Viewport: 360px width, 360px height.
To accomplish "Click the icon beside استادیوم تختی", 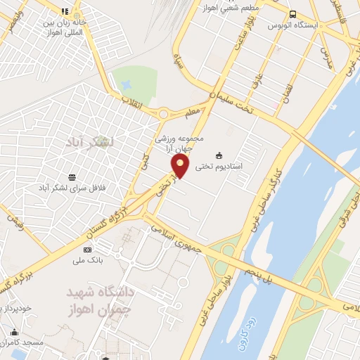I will [219, 155].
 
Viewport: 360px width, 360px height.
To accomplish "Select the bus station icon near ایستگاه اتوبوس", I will [292, 13].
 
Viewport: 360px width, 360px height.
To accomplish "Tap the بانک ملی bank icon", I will [87, 250].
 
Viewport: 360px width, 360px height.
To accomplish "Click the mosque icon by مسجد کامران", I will [15, 331].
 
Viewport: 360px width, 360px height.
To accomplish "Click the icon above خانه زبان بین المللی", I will [65, 11].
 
